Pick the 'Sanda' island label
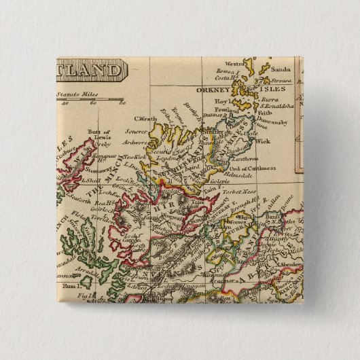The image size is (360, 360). tap(280, 69)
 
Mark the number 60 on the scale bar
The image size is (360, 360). tap(93, 104)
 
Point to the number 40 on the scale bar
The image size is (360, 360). tap(65, 104)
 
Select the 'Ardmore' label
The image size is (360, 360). tap(138, 143)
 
